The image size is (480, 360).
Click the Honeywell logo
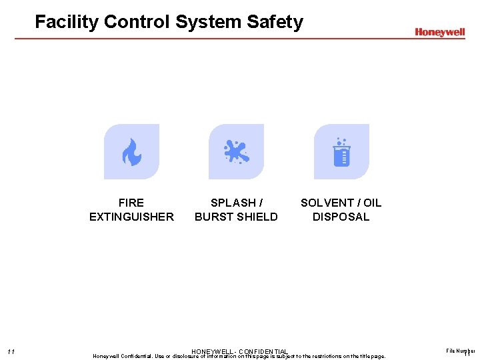click(439, 32)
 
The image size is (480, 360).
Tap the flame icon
click(131, 152)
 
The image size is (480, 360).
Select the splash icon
click(236, 152)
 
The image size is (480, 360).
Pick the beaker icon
click(341, 153)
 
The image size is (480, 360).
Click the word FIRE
click(131, 203)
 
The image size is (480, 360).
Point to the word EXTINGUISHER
click(131, 217)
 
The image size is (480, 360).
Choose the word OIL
click(372, 203)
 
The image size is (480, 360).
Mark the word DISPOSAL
click(341, 217)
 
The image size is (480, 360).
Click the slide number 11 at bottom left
click(11, 352)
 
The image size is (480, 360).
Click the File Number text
click(461, 350)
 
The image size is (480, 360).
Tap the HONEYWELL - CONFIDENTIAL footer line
click(239, 351)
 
